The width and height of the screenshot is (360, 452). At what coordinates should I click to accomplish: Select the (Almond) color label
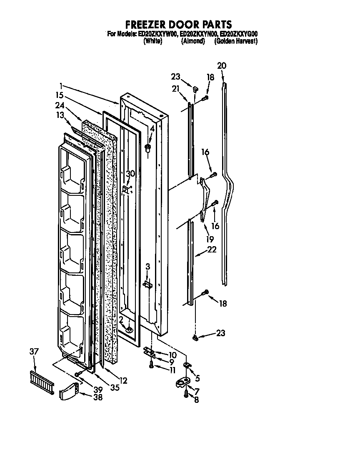pyautogui.click(x=193, y=41)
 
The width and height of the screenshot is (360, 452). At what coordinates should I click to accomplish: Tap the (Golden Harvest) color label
pyautogui.click(x=236, y=41)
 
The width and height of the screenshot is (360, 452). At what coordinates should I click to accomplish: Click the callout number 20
pyautogui.click(x=222, y=65)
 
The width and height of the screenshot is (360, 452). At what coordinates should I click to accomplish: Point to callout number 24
pyautogui.click(x=60, y=105)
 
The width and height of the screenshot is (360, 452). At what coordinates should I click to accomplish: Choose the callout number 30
pyautogui.click(x=130, y=174)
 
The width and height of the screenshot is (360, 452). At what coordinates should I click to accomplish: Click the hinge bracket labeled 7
pyautogui.click(x=183, y=382)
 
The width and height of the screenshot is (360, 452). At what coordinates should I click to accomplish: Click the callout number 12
pyautogui.click(x=123, y=380)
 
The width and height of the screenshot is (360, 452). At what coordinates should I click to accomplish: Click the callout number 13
pyautogui.click(x=61, y=115)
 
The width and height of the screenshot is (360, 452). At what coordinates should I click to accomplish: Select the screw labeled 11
pyautogui.click(x=152, y=365)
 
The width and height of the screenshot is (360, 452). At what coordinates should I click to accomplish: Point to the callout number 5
pyautogui.click(x=197, y=378)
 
